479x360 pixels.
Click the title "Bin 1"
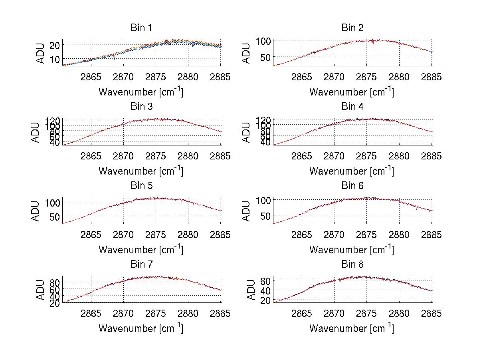click(x=141, y=28)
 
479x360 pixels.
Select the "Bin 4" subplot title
click(x=352, y=107)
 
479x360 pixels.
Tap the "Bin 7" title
click(x=141, y=265)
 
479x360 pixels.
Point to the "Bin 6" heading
click(x=352, y=186)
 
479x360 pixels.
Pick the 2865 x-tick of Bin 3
click(x=91, y=156)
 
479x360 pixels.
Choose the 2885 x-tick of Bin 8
click(x=431, y=314)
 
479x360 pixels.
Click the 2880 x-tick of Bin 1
click(x=188, y=77)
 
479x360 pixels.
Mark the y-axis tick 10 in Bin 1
click(x=55, y=59)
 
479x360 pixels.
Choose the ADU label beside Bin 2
click(x=247, y=53)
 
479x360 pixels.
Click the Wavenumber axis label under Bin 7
click(x=141, y=328)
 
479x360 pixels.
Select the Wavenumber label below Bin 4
click(x=352, y=171)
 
